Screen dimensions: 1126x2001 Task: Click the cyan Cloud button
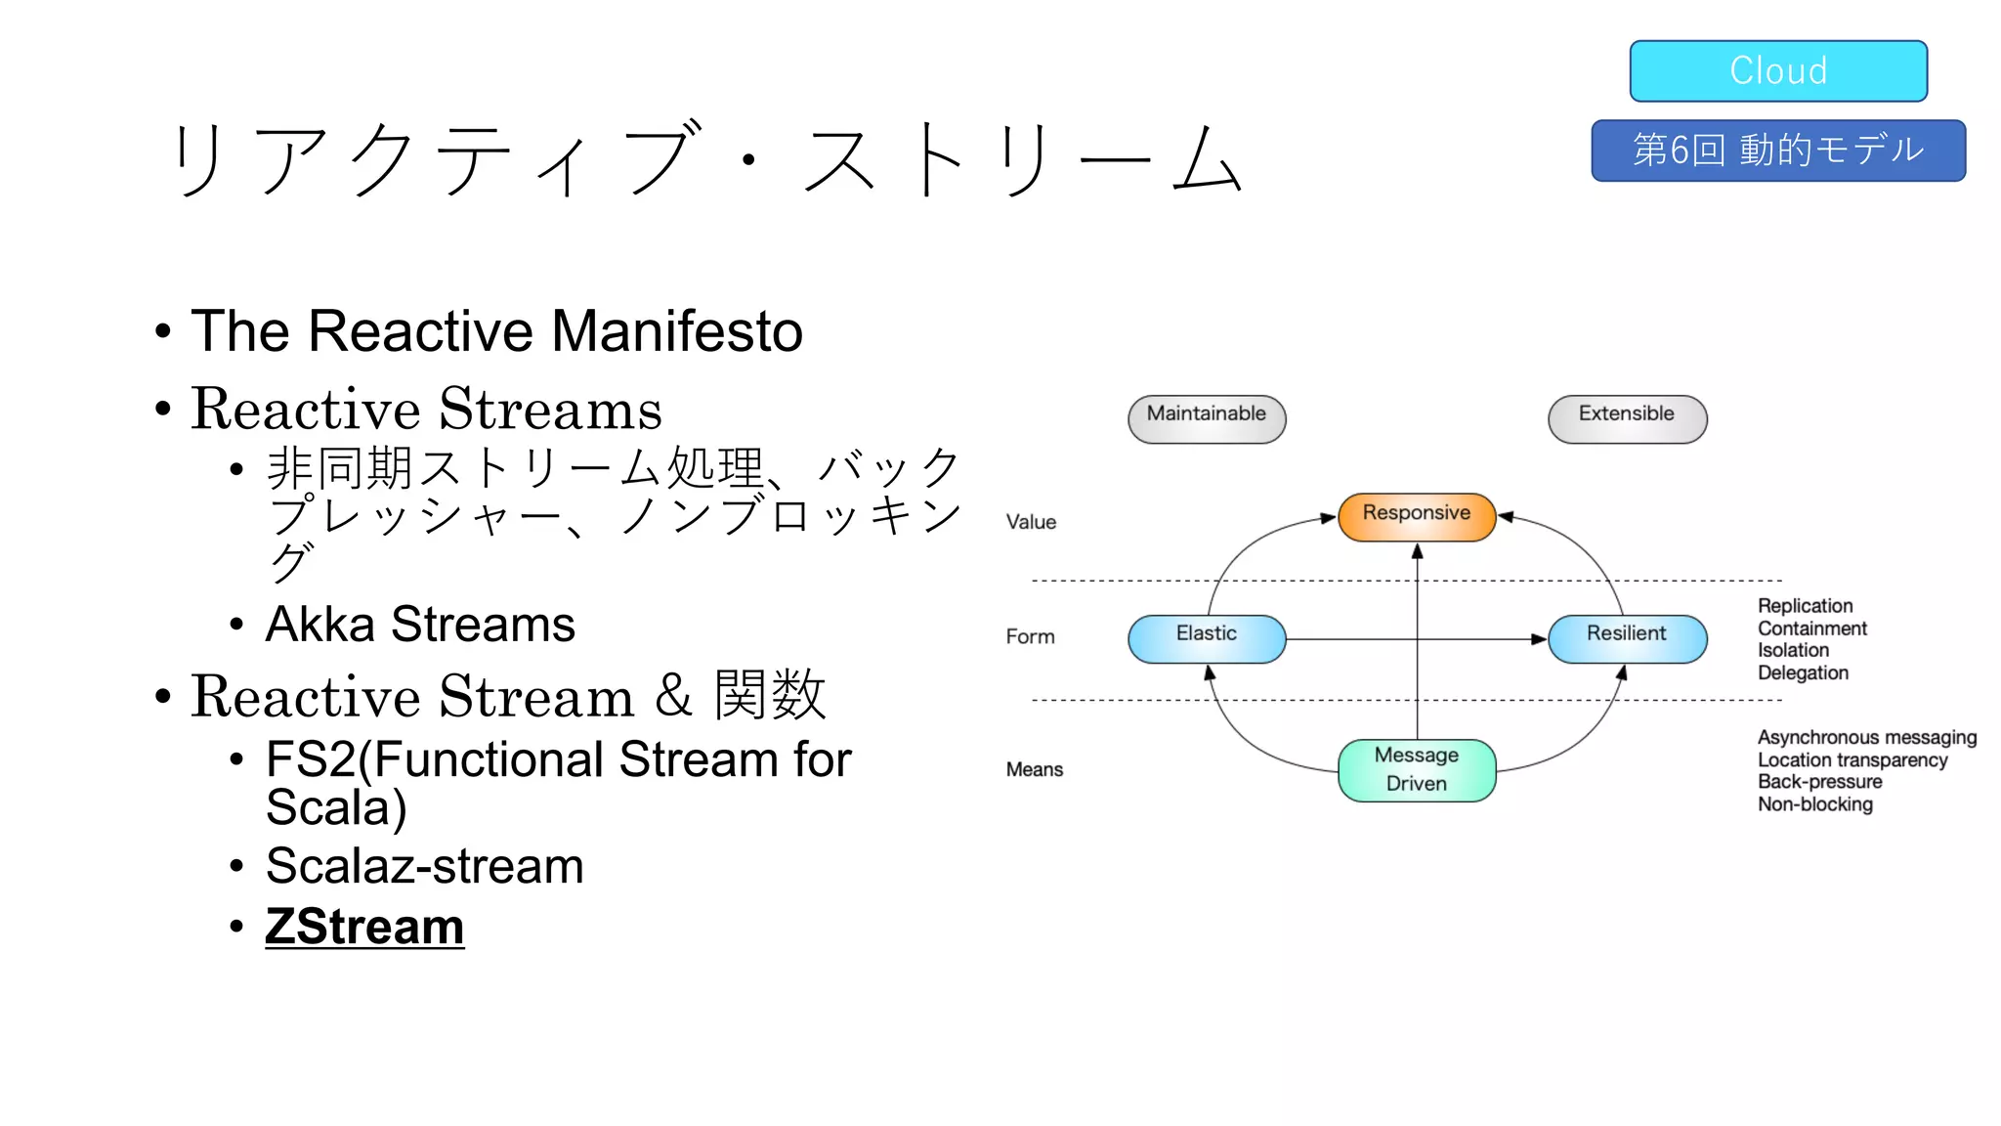(1777, 70)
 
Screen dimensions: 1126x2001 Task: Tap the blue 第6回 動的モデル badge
(1777, 151)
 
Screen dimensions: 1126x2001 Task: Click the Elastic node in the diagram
(1206, 638)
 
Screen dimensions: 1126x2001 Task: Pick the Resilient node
(1627, 638)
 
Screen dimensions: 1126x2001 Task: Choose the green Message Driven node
(1416, 770)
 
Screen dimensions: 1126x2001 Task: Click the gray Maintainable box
(1206, 418)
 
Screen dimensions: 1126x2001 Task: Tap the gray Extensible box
(1627, 418)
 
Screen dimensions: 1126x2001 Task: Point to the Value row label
(1031, 522)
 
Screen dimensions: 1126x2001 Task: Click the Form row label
(1030, 636)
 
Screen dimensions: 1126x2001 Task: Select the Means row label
(1034, 769)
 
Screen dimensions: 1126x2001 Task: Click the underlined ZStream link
(364, 926)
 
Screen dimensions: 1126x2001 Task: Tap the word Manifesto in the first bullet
(676, 330)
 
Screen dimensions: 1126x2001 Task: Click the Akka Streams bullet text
(420, 624)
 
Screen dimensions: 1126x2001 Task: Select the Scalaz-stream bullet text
(424, 866)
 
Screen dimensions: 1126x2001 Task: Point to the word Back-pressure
(1819, 782)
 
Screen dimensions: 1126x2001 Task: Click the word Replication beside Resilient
(1805, 606)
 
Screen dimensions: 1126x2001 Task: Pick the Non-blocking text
(1814, 804)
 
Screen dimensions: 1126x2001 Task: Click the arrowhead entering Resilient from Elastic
(1539, 639)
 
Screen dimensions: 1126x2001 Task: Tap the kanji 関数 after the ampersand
(770, 695)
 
